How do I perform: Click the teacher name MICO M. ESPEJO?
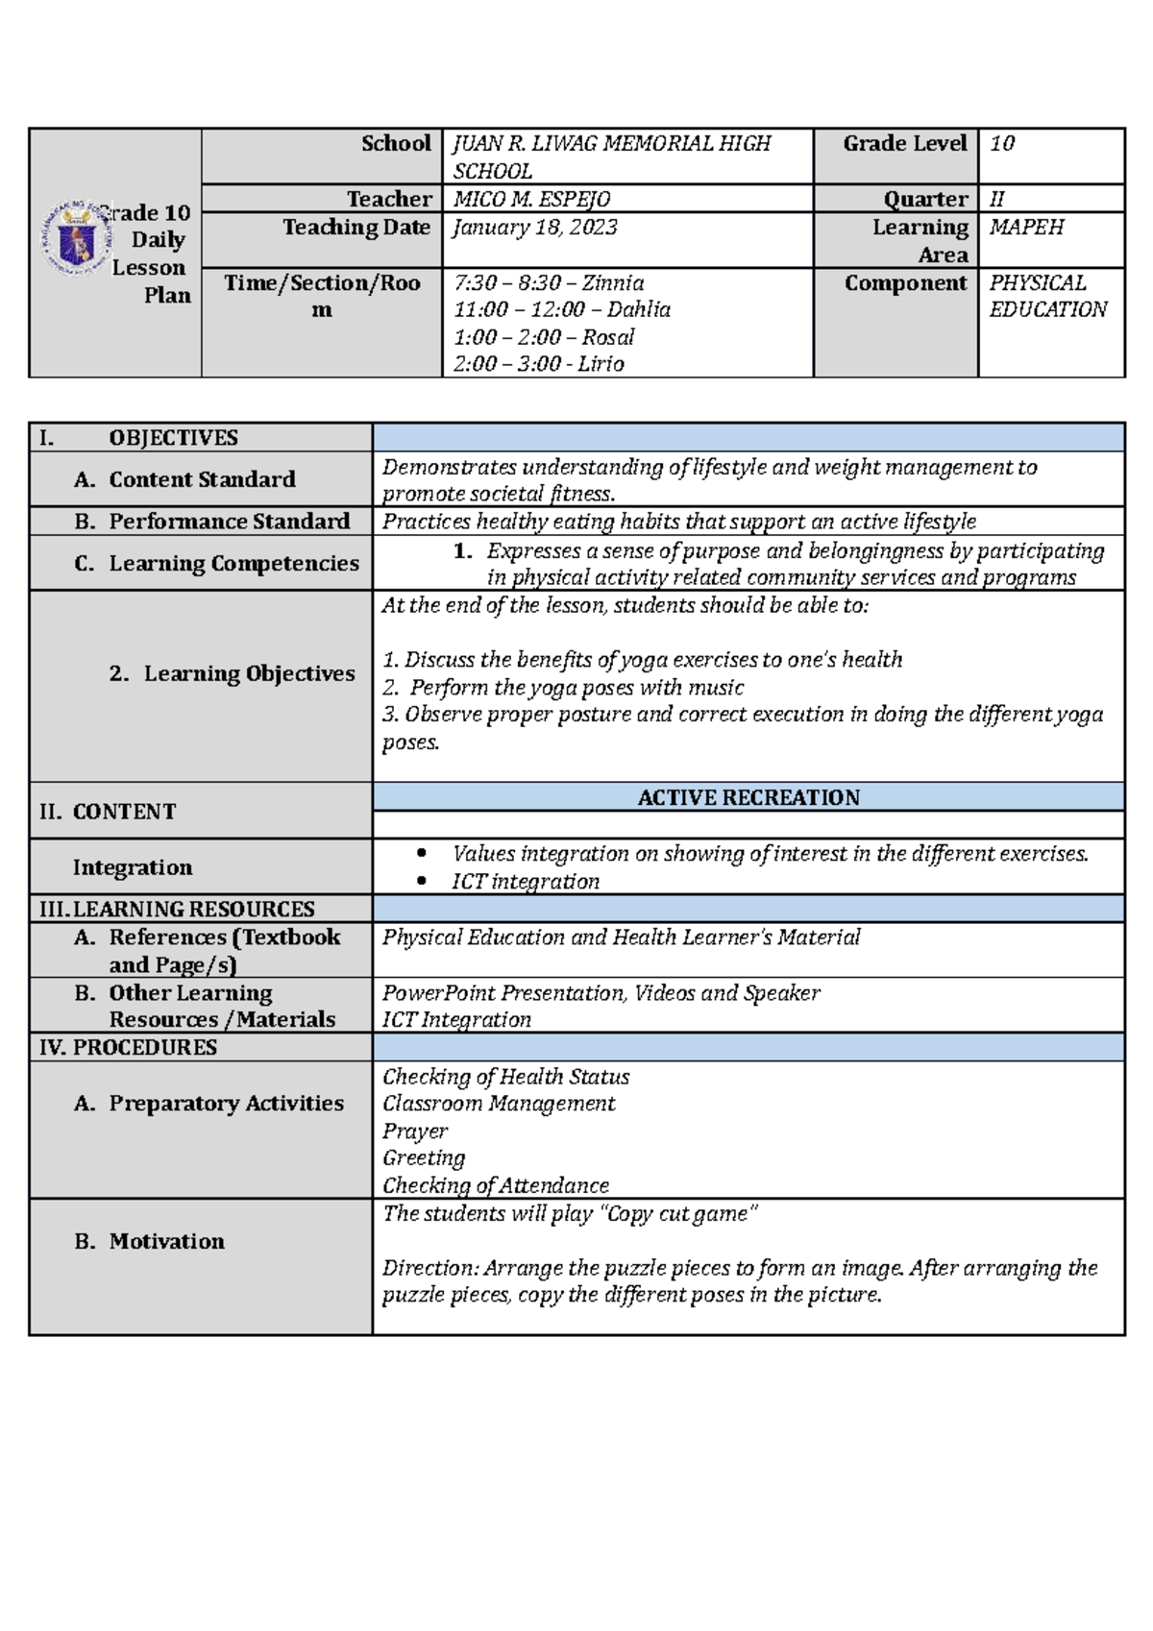531,199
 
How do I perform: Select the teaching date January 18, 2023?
535,227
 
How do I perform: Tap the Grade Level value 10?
1002,144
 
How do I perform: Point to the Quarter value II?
996,199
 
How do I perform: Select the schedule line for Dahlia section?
561,309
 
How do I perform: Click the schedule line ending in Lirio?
538,364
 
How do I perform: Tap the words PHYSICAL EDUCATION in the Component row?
1046,296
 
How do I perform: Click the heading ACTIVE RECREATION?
748,797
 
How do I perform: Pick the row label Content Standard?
202,479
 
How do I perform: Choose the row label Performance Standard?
229,522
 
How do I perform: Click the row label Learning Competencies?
233,563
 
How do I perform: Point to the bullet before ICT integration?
421,882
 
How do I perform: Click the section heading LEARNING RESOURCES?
193,909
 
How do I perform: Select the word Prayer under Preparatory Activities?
415,1132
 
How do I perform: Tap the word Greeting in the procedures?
424,1158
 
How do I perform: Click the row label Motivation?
166,1241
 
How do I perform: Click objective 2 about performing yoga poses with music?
563,688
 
